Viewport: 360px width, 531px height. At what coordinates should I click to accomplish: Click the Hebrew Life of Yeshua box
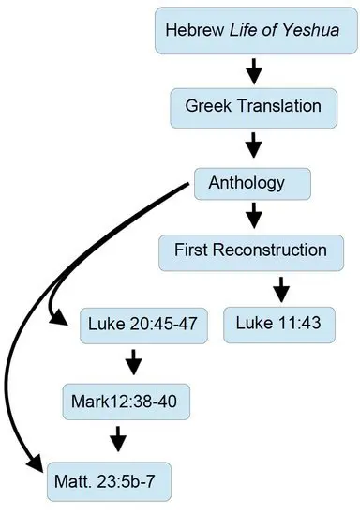coord(256,30)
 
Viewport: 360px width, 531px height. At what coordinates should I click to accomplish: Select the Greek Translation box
coord(253,108)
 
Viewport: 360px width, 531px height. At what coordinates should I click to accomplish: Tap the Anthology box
coord(252,184)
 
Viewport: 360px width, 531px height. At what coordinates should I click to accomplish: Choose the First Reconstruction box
coord(251,252)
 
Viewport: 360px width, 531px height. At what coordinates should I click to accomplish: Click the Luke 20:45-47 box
coord(143,326)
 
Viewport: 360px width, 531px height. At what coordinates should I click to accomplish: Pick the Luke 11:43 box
coord(279,325)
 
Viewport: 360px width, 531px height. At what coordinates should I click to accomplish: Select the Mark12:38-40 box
coord(127,402)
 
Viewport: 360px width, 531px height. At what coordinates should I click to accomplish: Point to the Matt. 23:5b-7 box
coord(110,481)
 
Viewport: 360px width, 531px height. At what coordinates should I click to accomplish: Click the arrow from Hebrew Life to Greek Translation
coord(254,71)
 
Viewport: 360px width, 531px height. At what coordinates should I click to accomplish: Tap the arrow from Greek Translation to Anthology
coord(253,144)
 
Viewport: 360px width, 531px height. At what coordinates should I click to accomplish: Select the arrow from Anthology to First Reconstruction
coord(254,216)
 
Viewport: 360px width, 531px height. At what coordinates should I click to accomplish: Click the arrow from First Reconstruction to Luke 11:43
coord(281,290)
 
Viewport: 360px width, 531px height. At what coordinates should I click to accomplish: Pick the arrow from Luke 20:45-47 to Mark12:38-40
coord(134,362)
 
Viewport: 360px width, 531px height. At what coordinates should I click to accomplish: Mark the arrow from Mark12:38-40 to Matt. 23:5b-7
coord(118,439)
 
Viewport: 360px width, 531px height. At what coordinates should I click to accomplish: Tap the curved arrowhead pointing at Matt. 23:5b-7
coord(35,463)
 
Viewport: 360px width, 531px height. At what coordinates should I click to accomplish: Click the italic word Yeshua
coord(310,30)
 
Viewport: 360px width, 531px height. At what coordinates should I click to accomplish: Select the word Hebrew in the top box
coord(195,30)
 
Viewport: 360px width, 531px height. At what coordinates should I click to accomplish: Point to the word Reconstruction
coord(270,250)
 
